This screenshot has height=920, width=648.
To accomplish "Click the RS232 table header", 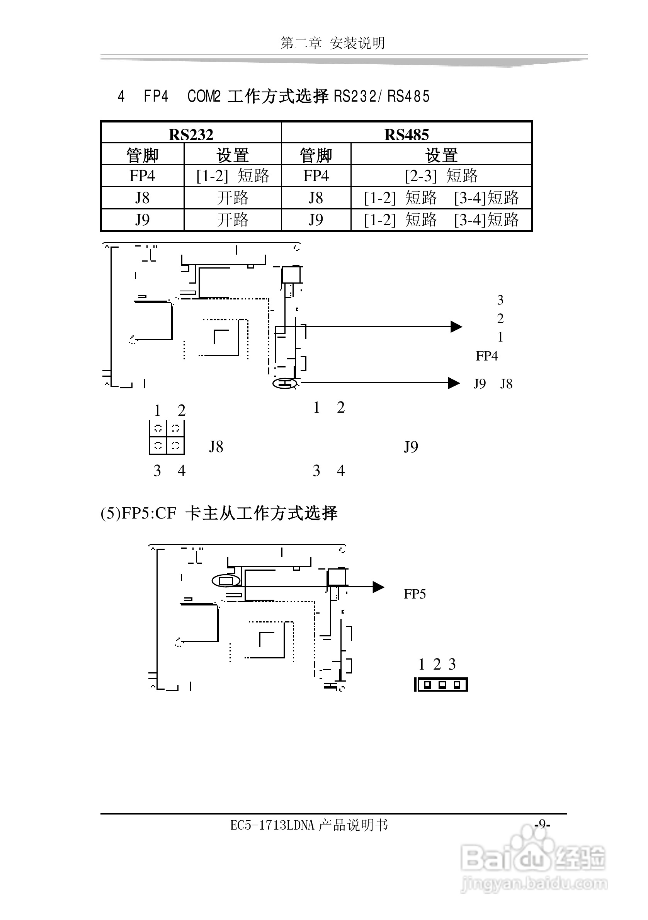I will [191, 134].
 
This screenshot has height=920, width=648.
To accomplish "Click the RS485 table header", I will [406, 134].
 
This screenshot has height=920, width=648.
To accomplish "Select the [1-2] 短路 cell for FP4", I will [233, 176].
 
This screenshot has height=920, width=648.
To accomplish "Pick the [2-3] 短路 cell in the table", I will [441, 176].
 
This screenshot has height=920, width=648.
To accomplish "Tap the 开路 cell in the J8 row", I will [233, 198].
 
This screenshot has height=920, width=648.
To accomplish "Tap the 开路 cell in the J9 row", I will [233, 220].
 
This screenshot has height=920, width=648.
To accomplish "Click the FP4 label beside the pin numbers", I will [486, 356].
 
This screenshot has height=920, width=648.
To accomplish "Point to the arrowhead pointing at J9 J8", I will [454, 383].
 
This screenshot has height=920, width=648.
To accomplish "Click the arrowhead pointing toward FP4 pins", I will [456, 327].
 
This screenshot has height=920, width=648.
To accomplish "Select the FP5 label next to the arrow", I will [415, 594].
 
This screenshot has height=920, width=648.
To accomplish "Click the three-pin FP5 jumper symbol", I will [441, 685].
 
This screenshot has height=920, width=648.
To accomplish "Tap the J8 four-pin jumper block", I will [167, 437].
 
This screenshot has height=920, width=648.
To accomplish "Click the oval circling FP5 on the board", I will [226, 581].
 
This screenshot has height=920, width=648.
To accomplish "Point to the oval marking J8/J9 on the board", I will [285, 383].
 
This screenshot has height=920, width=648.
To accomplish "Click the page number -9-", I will [542, 824].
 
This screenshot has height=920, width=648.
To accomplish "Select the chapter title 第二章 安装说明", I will [333, 43].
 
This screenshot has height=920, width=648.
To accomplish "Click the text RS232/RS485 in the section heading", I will [381, 97].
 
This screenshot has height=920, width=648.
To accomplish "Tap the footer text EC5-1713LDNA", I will [272, 825].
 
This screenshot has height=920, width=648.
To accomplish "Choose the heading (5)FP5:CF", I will [138, 513].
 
